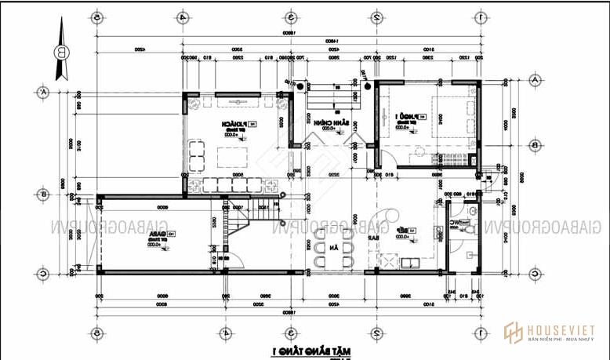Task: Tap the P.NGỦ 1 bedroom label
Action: (407, 117)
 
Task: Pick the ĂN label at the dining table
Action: (334, 248)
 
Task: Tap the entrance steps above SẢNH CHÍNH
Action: (329, 98)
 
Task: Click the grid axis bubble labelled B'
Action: (43, 194)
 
